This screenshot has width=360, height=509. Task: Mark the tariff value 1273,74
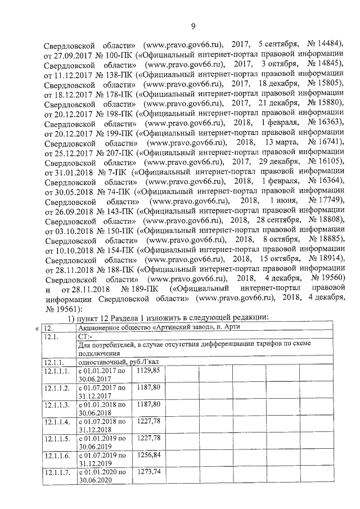148,471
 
